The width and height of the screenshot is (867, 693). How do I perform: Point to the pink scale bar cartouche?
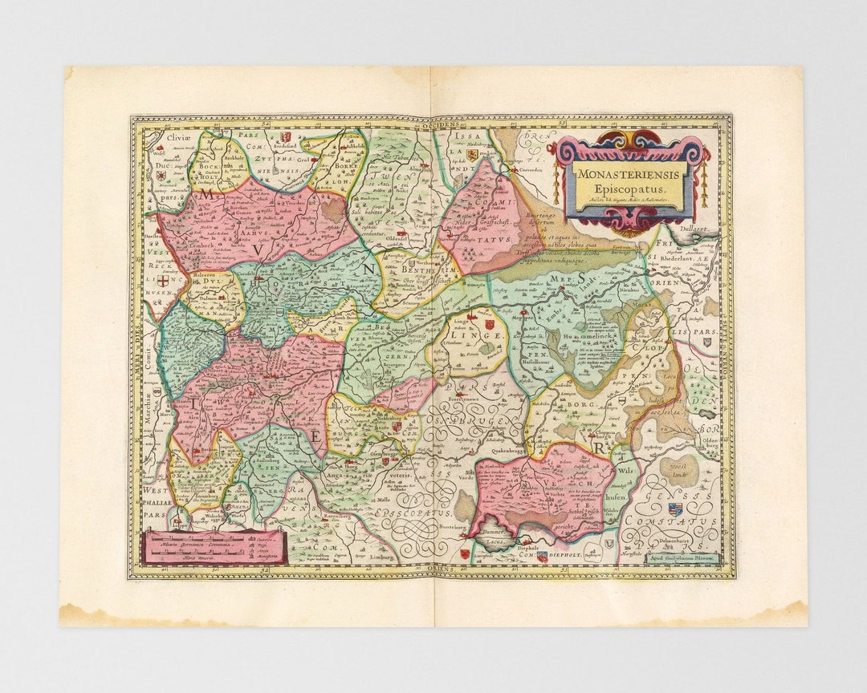pyautogui.click(x=213, y=546)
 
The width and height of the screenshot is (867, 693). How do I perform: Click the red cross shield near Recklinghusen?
pyautogui.click(x=163, y=282)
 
